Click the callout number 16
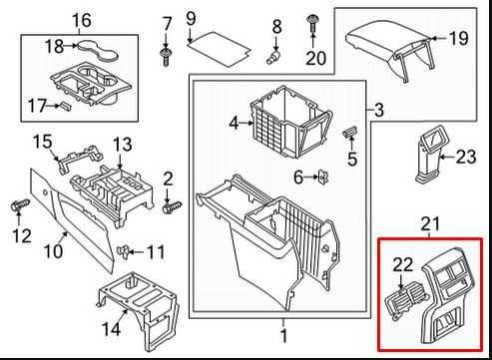(82, 20)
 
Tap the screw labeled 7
(166, 57)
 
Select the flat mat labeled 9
(219, 49)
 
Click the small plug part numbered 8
(274, 57)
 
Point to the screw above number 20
(312, 23)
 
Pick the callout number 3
(379, 110)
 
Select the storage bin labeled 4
(290, 122)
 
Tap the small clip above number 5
(350, 131)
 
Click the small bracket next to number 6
(323, 177)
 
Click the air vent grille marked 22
(403, 302)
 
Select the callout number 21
(430, 224)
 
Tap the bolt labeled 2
(173, 207)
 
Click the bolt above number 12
(20, 204)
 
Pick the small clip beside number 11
(123, 250)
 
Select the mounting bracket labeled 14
(140, 309)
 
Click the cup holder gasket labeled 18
(98, 51)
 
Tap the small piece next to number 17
(65, 107)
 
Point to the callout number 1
(283, 336)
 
